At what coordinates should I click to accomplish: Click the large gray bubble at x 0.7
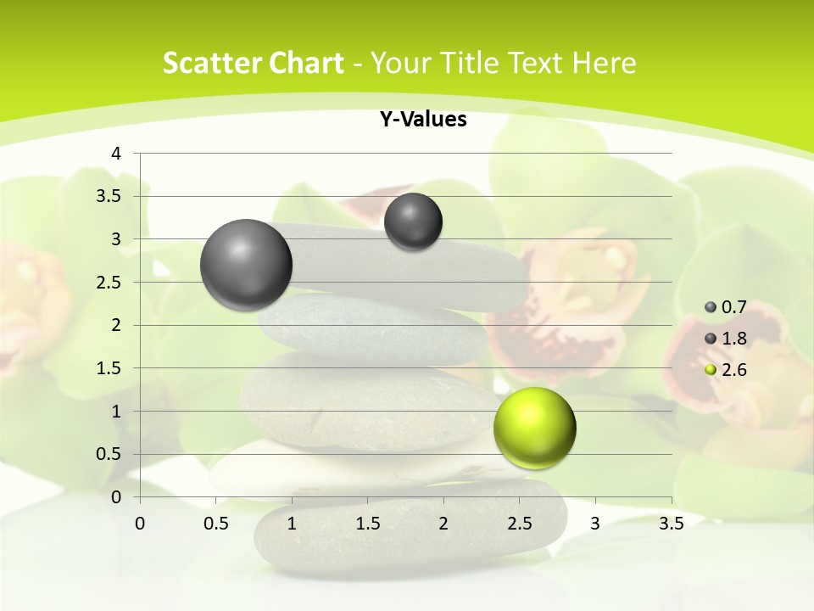pos(247,265)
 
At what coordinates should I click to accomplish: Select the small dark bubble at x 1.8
pos(413,221)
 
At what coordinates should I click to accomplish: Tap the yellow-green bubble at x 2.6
pos(534,428)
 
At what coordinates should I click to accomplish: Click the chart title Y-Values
pos(423,120)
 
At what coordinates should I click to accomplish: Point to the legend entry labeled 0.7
pos(726,307)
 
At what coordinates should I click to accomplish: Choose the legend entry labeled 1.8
pos(726,339)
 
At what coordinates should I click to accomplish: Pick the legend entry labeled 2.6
pos(726,370)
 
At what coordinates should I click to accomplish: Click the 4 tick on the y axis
pos(117,154)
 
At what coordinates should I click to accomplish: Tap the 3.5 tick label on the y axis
pos(109,197)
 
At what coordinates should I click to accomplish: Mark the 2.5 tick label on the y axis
pos(109,283)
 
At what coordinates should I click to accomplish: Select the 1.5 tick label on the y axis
pos(109,368)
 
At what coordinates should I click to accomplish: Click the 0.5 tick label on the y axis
pos(109,454)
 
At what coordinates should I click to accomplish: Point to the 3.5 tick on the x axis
pos(671,524)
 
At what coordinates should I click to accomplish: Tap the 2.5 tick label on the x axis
pos(519,524)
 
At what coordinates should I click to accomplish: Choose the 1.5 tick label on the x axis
pos(367,524)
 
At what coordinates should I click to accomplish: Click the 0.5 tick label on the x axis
pos(216,524)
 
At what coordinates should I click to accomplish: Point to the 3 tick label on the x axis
pos(595,524)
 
